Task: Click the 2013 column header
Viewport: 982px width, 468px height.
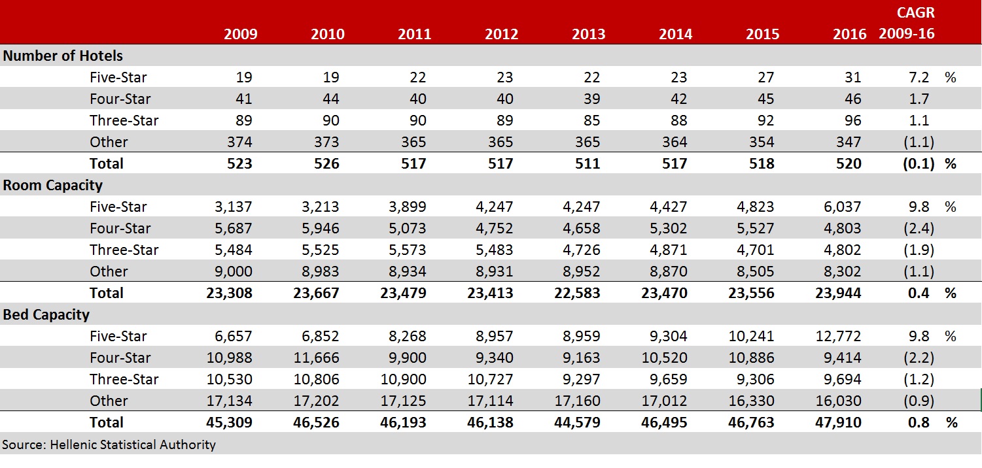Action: (588, 34)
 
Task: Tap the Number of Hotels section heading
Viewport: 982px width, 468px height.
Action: (63, 56)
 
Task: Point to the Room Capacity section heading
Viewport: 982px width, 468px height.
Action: (53, 185)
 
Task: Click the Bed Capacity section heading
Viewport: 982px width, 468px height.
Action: (46, 314)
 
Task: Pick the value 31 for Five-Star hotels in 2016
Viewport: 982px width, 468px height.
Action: (852, 77)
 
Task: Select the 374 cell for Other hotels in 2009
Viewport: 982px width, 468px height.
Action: (239, 142)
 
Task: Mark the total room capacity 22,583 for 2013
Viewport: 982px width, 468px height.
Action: (576, 293)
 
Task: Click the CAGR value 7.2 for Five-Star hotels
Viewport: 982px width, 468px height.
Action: (919, 77)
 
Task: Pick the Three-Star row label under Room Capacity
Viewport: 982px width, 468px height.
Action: (124, 250)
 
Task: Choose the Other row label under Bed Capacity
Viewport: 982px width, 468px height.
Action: (109, 401)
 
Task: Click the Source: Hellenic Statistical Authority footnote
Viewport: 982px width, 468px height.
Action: (109, 444)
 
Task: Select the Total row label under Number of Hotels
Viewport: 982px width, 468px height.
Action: (107, 163)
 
